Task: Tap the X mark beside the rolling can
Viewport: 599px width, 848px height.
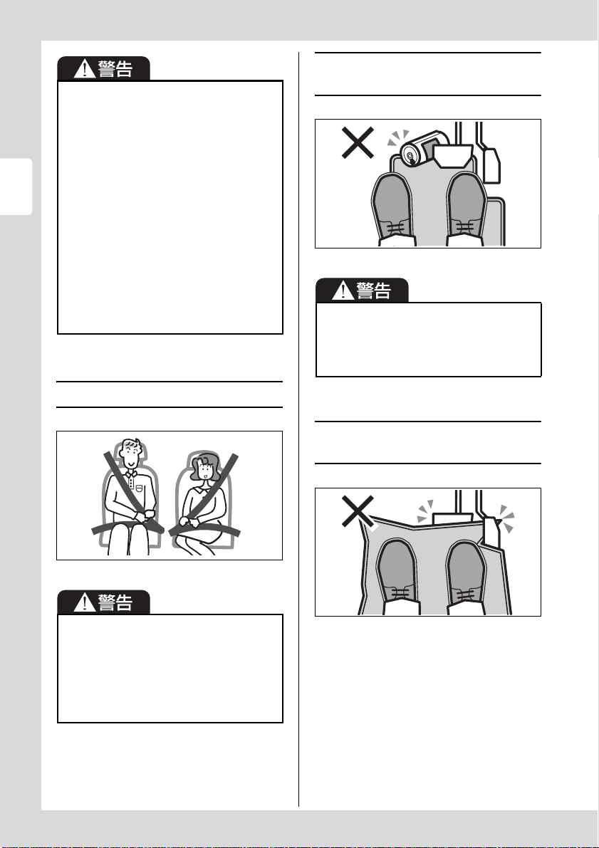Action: tap(357, 143)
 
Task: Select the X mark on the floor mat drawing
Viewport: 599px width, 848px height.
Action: tap(357, 511)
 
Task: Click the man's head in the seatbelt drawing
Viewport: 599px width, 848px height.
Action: tap(132, 454)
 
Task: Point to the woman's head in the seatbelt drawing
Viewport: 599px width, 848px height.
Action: tap(204, 469)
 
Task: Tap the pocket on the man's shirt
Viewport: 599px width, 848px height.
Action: tap(140, 488)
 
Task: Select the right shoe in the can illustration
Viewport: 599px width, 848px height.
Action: tap(465, 209)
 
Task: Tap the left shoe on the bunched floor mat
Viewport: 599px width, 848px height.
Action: tap(397, 577)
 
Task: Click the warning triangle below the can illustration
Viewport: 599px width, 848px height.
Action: tap(342, 291)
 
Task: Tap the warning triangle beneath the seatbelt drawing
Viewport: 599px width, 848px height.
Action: tap(84, 602)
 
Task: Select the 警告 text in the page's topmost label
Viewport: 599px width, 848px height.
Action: tap(115, 68)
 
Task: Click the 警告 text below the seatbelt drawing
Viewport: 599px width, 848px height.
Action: tap(115, 602)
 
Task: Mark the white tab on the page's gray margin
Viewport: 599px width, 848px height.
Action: tap(16, 187)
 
